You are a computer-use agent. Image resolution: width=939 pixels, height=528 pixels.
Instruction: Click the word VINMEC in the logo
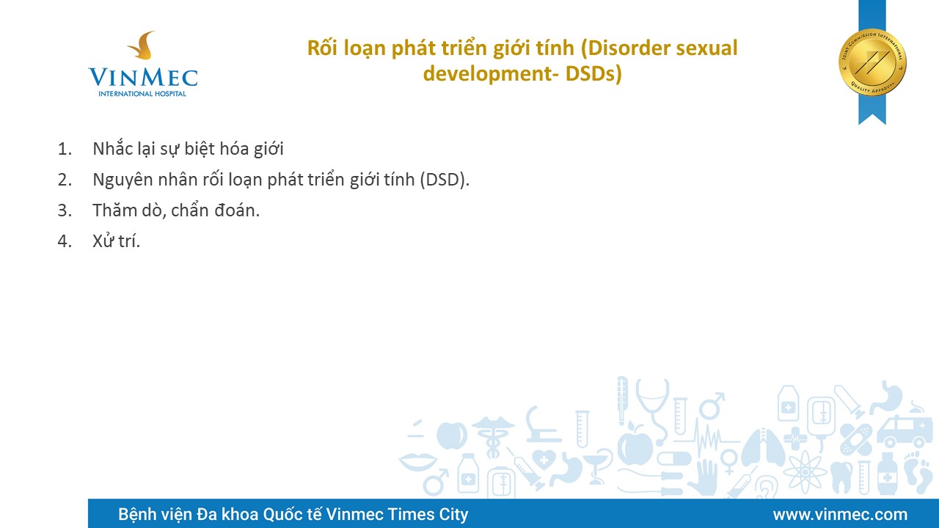coord(143,78)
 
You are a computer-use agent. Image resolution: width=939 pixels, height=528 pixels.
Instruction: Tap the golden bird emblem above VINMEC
coord(143,45)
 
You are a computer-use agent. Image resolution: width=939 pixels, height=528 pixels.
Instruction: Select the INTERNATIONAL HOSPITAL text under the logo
coord(142,93)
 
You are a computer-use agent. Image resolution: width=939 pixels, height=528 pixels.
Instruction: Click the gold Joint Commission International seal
coord(872,63)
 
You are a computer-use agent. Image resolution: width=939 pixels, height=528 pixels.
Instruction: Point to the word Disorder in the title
coord(626,48)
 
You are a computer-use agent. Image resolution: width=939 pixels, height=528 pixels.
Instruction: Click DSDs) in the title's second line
coord(593,73)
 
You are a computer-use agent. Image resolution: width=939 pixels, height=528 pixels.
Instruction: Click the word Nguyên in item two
coord(123,180)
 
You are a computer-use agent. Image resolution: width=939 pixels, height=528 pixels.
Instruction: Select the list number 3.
coord(65,210)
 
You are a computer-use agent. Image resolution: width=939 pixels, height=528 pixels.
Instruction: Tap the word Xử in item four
coord(103,241)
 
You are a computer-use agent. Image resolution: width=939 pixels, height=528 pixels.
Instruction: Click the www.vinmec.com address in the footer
coord(840,514)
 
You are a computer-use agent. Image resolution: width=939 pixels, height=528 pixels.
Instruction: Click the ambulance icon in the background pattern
coord(900,432)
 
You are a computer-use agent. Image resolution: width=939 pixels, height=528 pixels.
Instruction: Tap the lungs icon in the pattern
coord(763,447)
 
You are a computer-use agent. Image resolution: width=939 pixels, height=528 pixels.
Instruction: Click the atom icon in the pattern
coord(805,472)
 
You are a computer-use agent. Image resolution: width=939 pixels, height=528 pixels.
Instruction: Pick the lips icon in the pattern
coord(418,461)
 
